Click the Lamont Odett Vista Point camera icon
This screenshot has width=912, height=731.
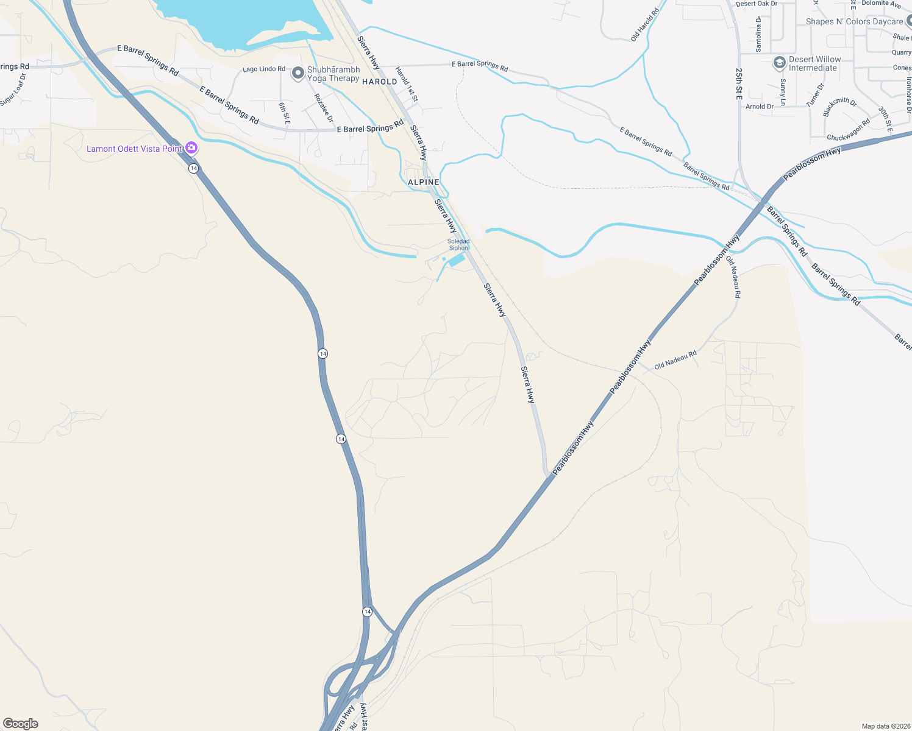[x=191, y=148]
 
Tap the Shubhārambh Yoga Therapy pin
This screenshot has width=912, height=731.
[x=297, y=74]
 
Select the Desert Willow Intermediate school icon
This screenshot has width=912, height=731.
[x=779, y=63]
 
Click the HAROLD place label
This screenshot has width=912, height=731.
[x=379, y=82]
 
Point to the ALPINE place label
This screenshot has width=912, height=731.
[x=423, y=182]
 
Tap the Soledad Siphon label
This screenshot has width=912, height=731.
[x=458, y=245]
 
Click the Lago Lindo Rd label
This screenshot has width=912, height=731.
[x=263, y=69]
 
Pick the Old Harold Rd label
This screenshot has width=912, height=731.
[x=645, y=25]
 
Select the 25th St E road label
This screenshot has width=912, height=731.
[x=739, y=83]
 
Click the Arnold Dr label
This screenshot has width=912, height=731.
[x=759, y=107]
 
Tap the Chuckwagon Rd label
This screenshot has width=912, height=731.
[x=848, y=130]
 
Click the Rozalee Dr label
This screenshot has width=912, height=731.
[x=323, y=108]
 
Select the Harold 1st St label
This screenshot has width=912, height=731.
[x=407, y=83]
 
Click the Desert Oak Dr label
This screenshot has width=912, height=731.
[x=757, y=4]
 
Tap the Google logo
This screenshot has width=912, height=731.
[x=21, y=724]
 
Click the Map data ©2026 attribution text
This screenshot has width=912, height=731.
[x=883, y=726]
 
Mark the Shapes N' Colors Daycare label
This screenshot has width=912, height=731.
[x=854, y=21]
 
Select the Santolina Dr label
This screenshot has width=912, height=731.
[x=758, y=34]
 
